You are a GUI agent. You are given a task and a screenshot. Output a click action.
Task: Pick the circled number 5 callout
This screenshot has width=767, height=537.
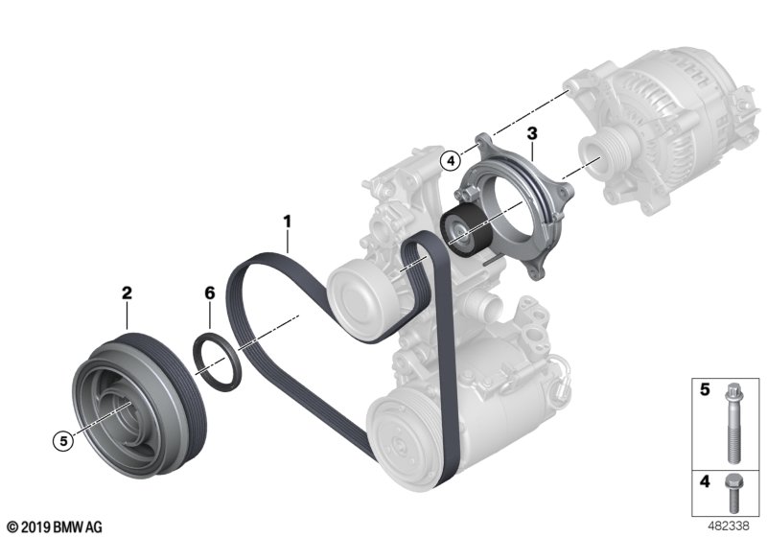click(x=62, y=441)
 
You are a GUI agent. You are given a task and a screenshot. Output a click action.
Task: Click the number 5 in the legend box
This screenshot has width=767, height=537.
click(x=704, y=391)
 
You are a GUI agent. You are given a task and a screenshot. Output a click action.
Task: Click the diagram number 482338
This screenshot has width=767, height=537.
click(x=732, y=526)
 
